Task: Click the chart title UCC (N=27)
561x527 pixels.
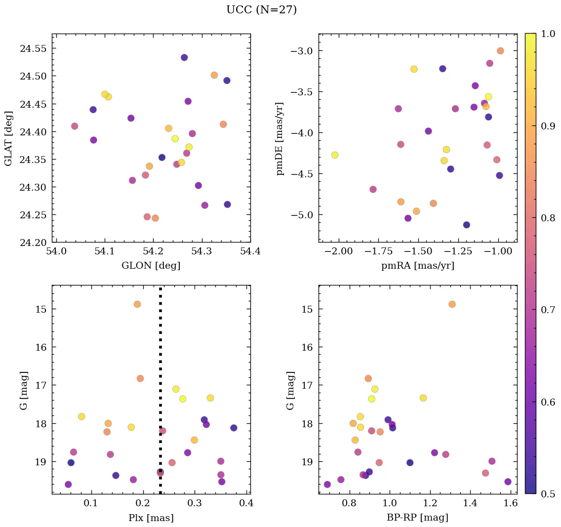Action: pyautogui.click(x=261, y=10)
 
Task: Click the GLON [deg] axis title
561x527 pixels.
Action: pyautogui.click(x=151, y=266)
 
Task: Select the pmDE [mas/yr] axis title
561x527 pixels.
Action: pyautogui.click(x=280, y=139)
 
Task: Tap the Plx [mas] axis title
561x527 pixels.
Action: pyautogui.click(x=151, y=518)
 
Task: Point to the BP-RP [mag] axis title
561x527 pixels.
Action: pyautogui.click(x=418, y=518)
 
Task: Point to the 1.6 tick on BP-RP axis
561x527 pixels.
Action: pyautogui.click(x=511, y=503)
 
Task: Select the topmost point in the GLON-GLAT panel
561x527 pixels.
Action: pyautogui.click(x=184, y=57)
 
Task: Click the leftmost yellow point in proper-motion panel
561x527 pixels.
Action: pyautogui.click(x=335, y=155)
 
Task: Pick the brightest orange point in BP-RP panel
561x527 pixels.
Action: pyautogui.click(x=452, y=304)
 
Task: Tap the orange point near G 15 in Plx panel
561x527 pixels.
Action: pyautogui.click(x=137, y=304)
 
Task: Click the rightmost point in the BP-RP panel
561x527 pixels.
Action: pyautogui.click(x=508, y=482)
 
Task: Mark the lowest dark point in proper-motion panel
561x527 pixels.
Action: pyautogui.click(x=467, y=225)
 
